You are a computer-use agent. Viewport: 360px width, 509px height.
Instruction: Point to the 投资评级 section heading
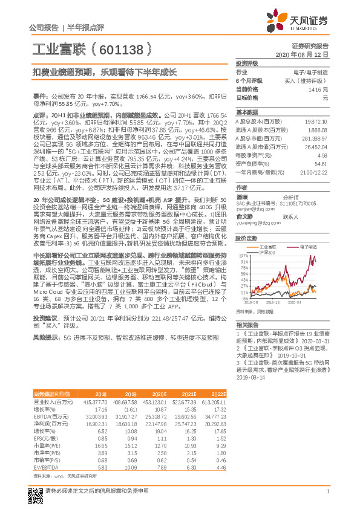click(x=247, y=63)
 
